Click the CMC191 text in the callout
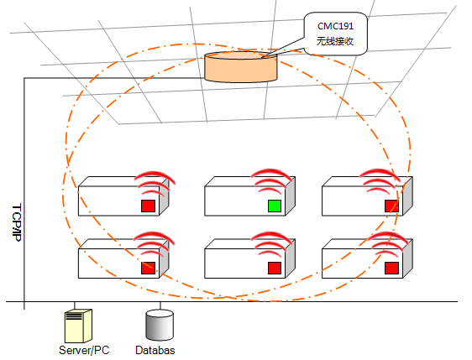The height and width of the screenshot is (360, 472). tap(335, 26)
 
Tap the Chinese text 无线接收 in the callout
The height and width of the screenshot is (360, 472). tap(335, 41)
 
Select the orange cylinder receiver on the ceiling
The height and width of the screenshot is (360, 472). tap(240, 67)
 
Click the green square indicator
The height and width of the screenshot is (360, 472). tap(275, 206)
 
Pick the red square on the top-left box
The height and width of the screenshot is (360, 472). tap(148, 206)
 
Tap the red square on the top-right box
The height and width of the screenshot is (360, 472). tap(391, 206)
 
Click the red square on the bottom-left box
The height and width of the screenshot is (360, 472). tap(148, 268)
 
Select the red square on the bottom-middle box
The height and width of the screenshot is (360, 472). tap(275, 268)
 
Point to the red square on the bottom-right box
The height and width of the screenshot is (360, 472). tap(391, 268)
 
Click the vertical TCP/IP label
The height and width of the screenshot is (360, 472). tap(17, 222)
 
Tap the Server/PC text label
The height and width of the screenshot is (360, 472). tap(84, 350)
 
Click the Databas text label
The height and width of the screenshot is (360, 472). tap(155, 350)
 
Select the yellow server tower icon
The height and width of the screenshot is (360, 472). tap(78, 326)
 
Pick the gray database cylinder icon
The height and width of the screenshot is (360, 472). tap(160, 325)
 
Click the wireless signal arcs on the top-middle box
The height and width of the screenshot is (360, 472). tap(271, 180)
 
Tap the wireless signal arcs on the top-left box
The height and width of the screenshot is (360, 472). tap(155, 183)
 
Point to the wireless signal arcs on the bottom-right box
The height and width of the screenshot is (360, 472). tap(389, 243)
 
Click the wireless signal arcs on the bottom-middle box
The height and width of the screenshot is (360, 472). tap(271, 243)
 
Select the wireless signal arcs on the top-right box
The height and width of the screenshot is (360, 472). tap(380, 180)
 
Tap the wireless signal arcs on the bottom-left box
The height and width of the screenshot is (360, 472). tap(155, 243)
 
